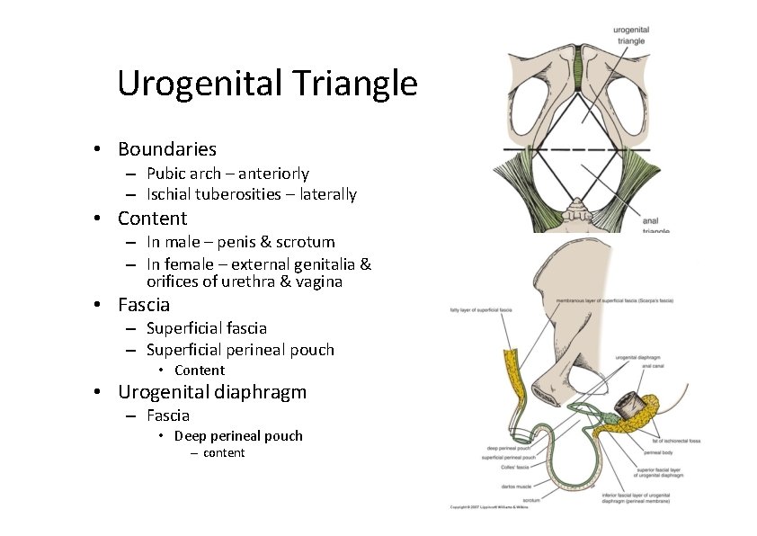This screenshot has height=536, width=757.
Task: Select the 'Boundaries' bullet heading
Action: coord(166,149)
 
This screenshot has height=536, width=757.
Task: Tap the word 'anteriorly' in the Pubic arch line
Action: coord(273,174)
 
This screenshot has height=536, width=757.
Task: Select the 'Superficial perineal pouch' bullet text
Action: coord(240,350)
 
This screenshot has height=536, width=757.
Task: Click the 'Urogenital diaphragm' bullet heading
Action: coord(212,392)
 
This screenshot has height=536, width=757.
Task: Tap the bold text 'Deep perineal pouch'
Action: coord(238,436)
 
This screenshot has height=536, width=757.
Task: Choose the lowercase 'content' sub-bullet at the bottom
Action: coord(224,452)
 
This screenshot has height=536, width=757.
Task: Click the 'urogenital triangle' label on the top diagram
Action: coord(630,36)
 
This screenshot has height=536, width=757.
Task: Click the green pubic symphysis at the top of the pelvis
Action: coord(576,64)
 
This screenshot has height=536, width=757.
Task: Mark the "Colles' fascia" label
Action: coord(503,467)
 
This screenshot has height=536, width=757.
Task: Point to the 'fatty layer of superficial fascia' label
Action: coord(482,312)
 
